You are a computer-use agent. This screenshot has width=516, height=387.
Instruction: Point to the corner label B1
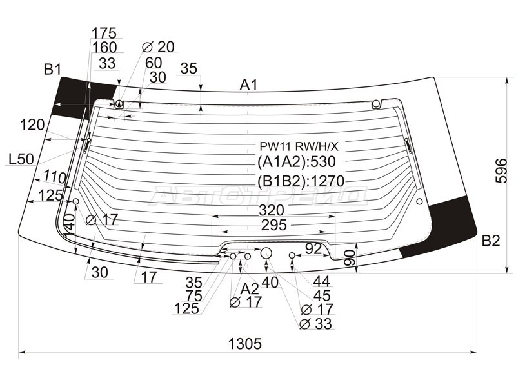point(52,69)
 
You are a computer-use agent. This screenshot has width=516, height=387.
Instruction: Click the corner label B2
point(490,241)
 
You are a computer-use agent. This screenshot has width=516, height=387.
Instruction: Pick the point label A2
point(250,288)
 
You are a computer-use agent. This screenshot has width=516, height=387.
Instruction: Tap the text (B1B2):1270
point(301,180)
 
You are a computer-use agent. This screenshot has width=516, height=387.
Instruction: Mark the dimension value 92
point(313,248)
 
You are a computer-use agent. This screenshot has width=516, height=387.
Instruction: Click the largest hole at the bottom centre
point(266,252)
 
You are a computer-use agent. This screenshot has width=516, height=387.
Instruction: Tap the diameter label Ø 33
point(317,324)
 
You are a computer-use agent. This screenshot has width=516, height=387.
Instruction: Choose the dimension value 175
point(104,33)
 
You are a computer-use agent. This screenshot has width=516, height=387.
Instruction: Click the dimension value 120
point(32,124)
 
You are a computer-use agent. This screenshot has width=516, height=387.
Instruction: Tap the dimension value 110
point(55,175)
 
